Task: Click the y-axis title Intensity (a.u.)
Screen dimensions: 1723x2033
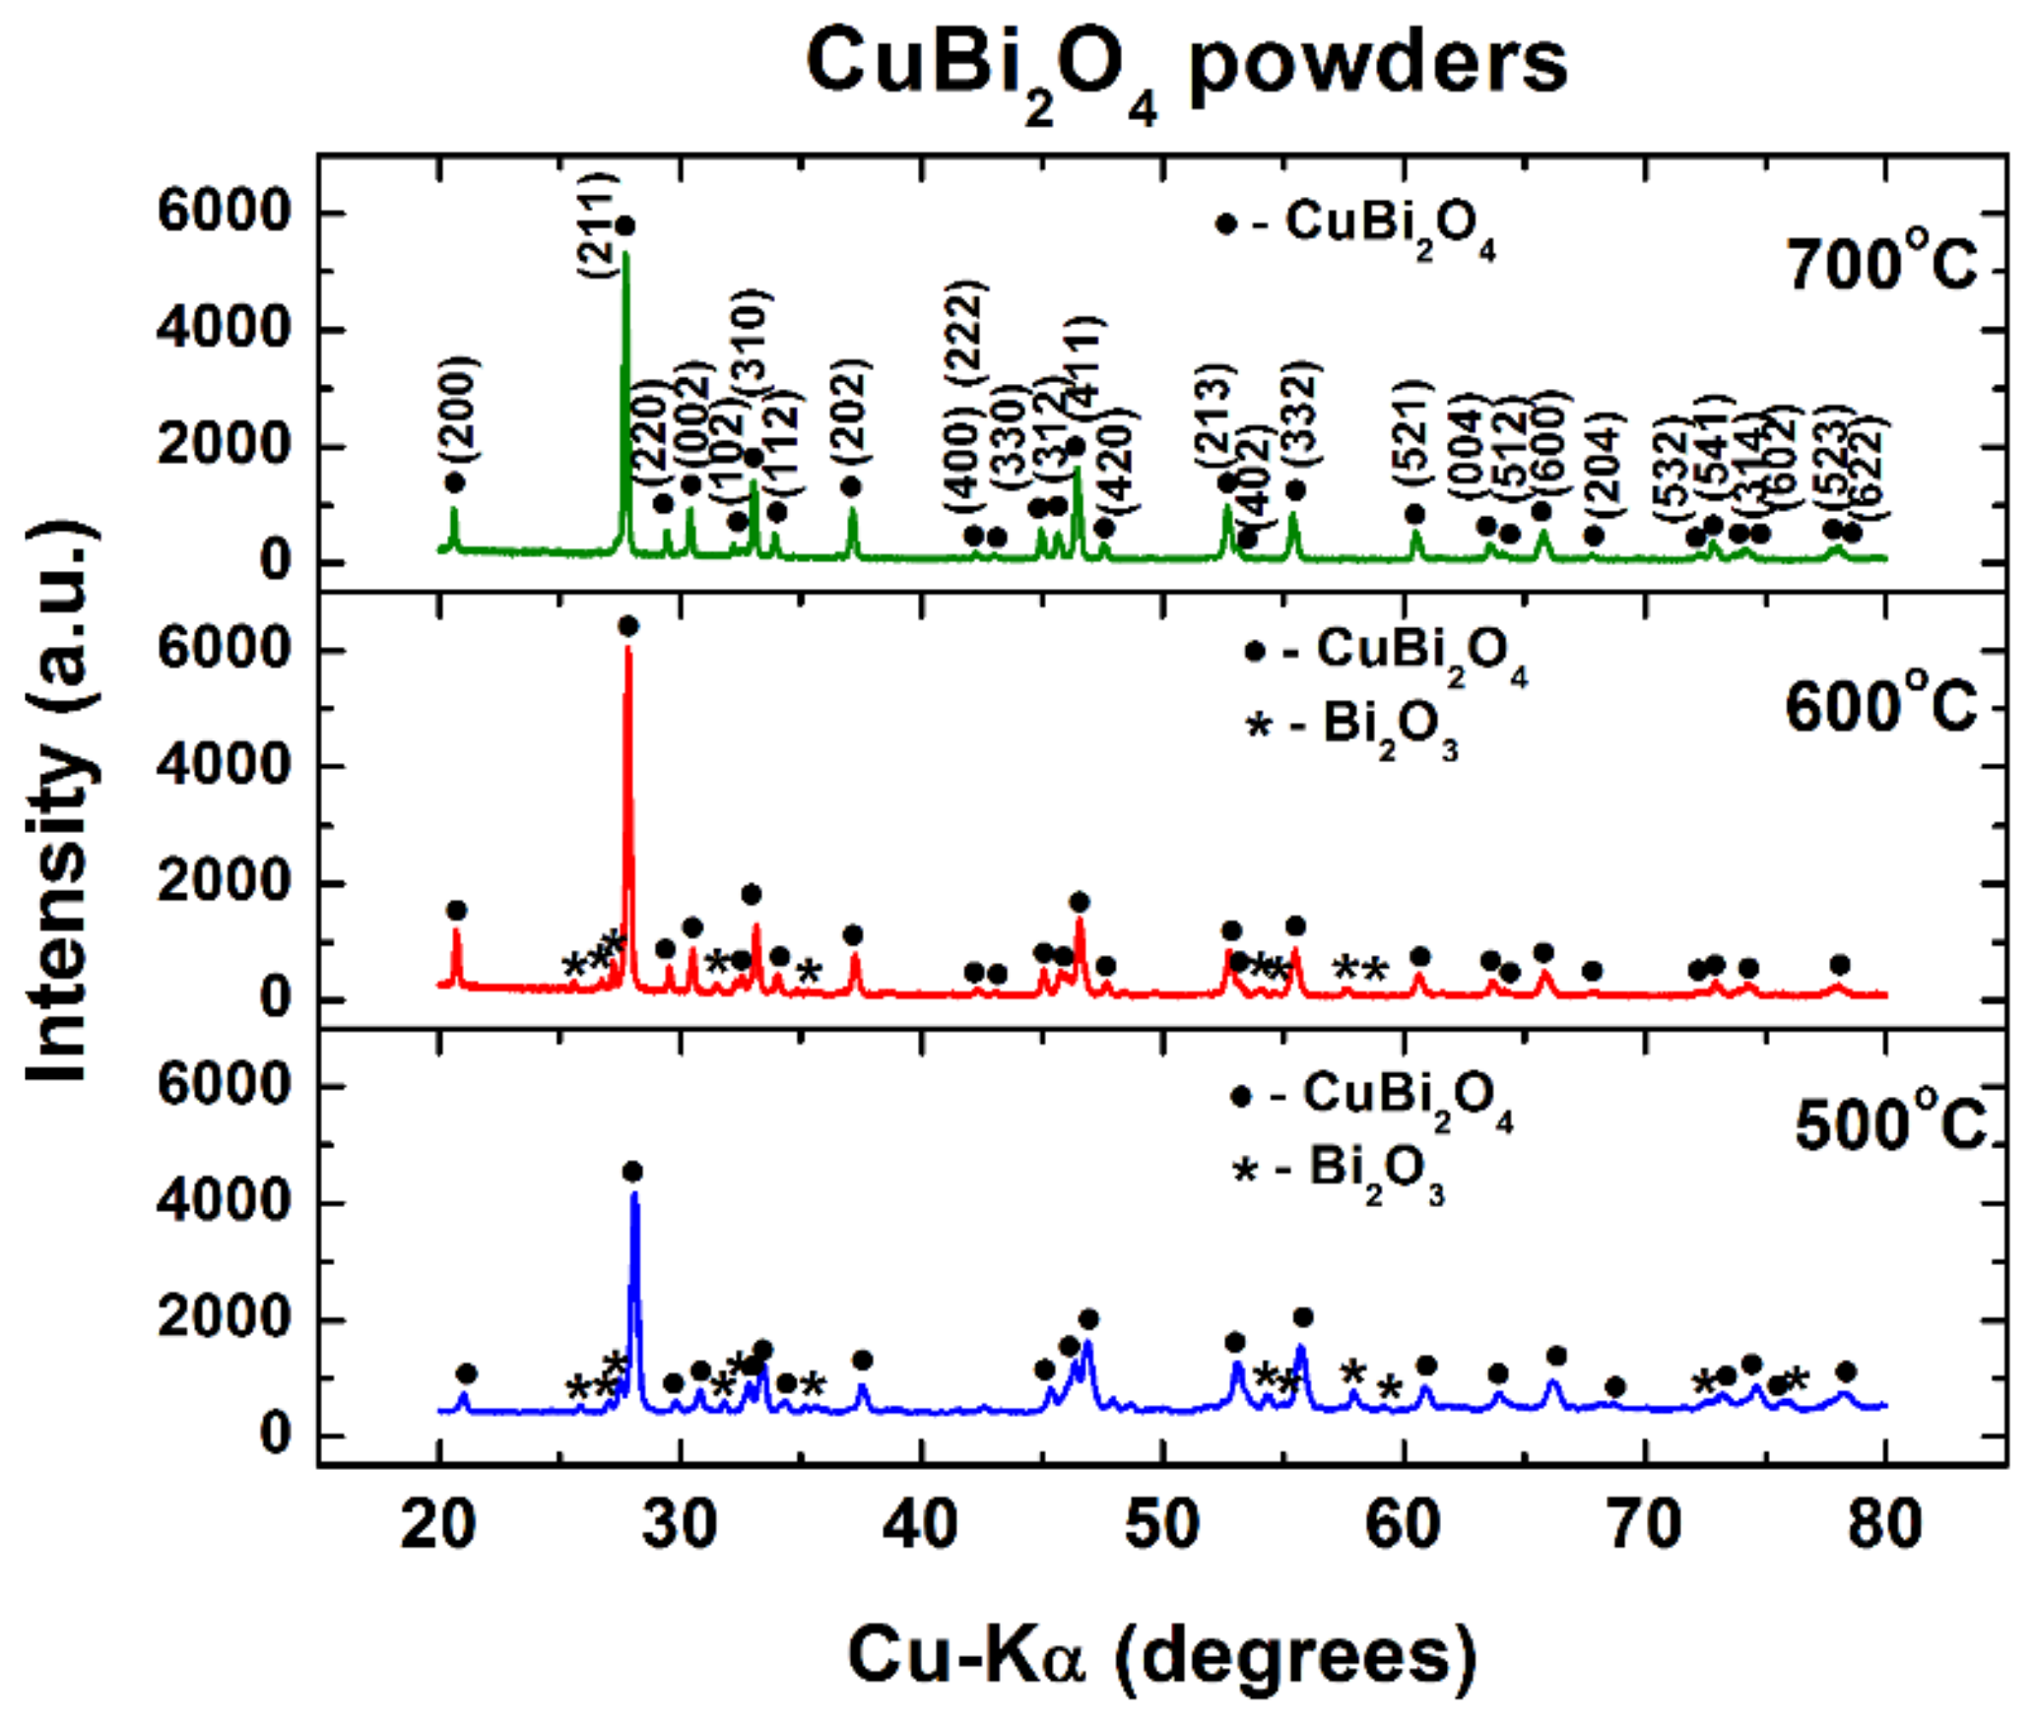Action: (x=61, y=802)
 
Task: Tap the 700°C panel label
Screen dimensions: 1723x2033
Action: (x=1882, y=266)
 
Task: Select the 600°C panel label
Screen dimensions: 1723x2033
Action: (x=1880, y=707)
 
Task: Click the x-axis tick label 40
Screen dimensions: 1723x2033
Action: (x=922, y=1525)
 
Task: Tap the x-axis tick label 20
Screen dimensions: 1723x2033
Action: (x=438, y=1525)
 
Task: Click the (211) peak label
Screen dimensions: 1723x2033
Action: (x=598, y=225)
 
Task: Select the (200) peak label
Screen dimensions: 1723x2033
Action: (x=458, y=410)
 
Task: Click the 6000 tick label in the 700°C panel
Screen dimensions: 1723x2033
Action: (x=224, y=213)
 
